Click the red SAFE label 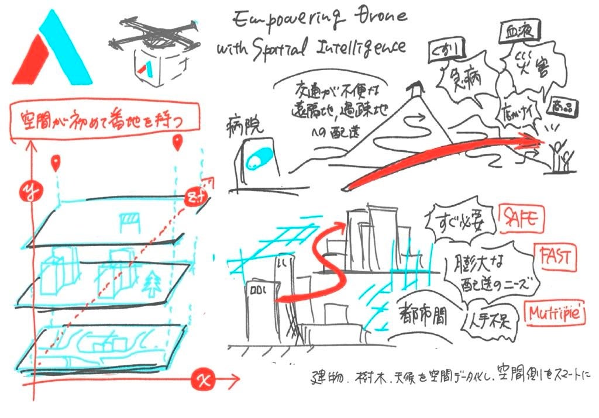tap(520, 219)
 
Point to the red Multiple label tap(556, 314)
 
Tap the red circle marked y tap(27, 191)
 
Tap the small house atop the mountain tap(416, 89)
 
